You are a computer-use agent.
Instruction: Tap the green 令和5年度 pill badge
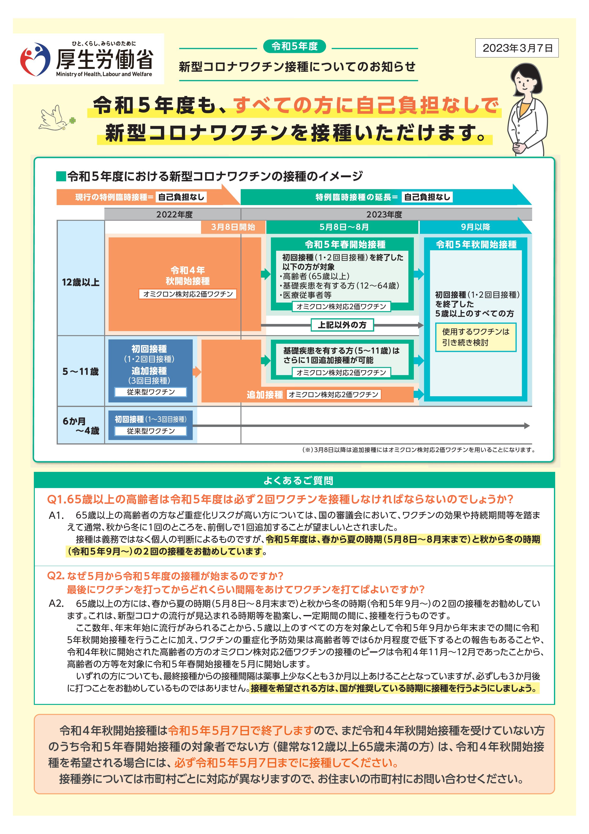294,46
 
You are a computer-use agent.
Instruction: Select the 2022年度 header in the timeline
175,214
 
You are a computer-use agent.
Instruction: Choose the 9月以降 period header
475,227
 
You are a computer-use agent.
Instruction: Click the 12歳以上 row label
81,282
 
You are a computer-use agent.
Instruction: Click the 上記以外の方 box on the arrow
342,325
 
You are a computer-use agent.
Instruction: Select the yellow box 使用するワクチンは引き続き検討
476,337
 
